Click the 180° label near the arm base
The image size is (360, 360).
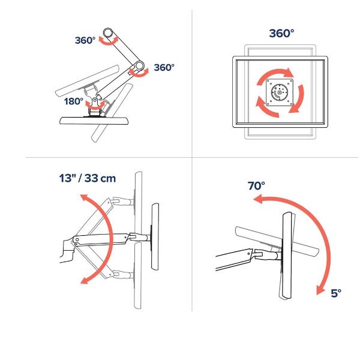point(73,101)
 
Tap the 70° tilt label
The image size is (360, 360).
point(256,186)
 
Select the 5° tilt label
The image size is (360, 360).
point(336,293)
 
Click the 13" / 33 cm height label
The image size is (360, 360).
point(87,178)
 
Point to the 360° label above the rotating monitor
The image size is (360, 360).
point(281,33)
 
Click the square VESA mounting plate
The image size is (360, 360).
point(280,92)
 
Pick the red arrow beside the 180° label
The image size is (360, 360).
point(95,104)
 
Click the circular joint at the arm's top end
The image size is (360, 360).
point(107,32)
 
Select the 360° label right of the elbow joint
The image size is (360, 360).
point(164,67)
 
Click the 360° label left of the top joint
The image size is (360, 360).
point(85,40)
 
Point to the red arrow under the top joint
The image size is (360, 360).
point(108,41)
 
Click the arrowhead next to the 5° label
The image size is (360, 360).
point(321,290)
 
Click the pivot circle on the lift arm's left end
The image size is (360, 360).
point(77,239)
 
